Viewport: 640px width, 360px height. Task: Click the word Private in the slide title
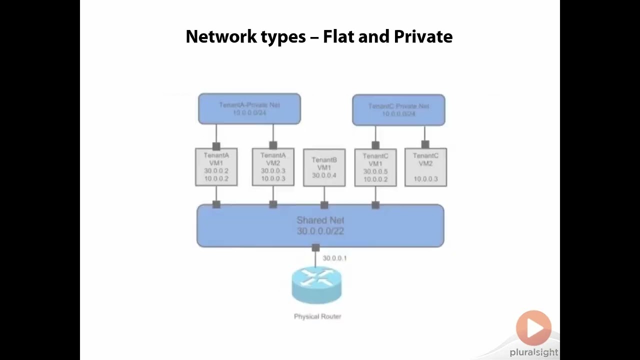point(423,36)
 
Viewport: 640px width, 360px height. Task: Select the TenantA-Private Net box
point(249,108)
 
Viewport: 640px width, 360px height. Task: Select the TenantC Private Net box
point(398,109)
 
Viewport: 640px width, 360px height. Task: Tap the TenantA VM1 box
point(216,167)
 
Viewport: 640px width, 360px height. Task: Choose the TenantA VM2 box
point(273,167)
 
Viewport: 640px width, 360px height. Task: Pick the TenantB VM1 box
point(324,168)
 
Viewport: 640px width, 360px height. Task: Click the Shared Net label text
point(320,220)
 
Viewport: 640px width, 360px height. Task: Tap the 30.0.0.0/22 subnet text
point(320,231)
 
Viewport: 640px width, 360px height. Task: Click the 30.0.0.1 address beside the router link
point(334,258)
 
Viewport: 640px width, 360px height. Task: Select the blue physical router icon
point(317,285)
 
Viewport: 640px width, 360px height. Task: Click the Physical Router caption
point(317,316)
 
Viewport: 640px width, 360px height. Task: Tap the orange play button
point(533,328)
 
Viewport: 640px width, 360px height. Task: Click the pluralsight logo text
point(533,352)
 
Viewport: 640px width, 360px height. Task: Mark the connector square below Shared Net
point(315,248)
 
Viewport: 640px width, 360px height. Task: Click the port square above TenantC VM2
point(425,145)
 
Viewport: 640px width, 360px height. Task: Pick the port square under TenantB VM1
point(324,205)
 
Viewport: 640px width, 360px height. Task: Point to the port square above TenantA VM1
point(216,146)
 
